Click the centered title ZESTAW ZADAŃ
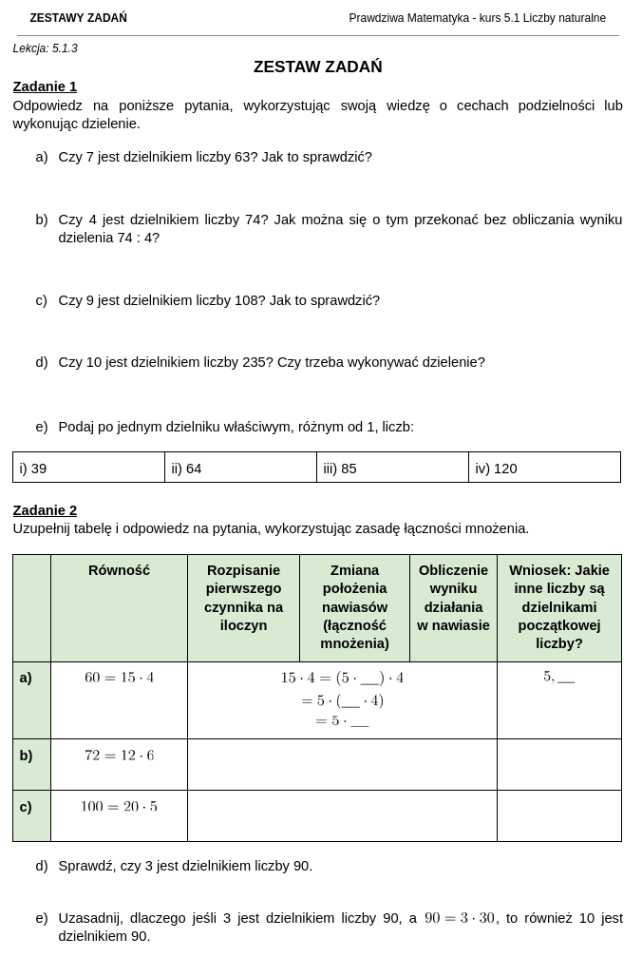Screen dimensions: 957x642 pyautogui.click(x=317, y=67)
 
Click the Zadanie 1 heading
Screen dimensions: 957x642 pyautogui.click(x=45, y=86)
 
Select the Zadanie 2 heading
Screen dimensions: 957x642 pyautogui.click(x=45, y=510)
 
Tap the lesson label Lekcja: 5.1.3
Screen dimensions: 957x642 pyautogui.click(x=46, y=48)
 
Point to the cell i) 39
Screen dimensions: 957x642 pyautogui.click(x=33, y=469)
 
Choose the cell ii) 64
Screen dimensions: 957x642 pyautogui.click(x=186, y=469)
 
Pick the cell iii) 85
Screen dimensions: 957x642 pyautogui.click(x=340, y=469)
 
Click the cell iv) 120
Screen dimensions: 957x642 pyautogui.click(x=496, y=469)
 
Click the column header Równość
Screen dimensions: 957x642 pyautogui.click(x=119, y=570)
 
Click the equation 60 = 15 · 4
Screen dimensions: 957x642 pyautogui.click(x=119, y=678)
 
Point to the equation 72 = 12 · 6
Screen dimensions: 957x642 pyautogui.click(x=119, y=756)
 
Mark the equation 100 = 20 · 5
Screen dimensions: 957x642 pyautogui.click(x=119, y=807)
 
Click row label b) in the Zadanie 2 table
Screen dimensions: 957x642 pyautogui.click(x=26, y=756)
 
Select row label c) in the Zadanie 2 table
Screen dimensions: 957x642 pyautogui.click(x=26, y=807)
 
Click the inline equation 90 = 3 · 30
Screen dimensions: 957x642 pyautogui.click(x=460, y=918)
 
